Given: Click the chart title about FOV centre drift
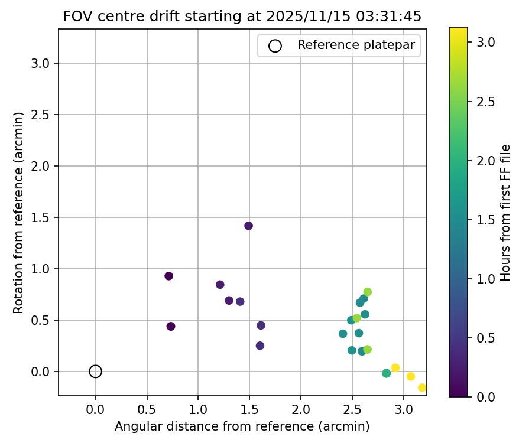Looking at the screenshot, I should (242, 17).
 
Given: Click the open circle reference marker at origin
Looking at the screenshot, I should (96, 372).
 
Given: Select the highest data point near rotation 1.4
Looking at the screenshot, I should (248, 226).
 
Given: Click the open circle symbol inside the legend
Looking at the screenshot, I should (275, 45).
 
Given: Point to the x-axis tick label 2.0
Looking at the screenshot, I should (301, 409).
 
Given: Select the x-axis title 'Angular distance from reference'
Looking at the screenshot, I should (242, 426).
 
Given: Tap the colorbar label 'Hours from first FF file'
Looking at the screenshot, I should (505, 213).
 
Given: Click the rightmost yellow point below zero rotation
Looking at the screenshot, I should (422, 387).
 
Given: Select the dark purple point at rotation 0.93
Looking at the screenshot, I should (168, 276).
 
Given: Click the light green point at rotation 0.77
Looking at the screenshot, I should (368, 292).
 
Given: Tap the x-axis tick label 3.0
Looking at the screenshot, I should (404, 409).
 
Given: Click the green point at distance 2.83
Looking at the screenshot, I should (386, 373).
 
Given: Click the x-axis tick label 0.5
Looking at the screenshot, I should (147, 409).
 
